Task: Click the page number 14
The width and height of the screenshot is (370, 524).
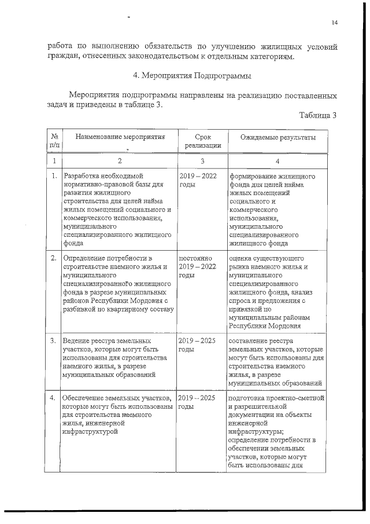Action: coord(335,23)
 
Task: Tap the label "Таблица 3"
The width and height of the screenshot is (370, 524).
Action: coord(318,115)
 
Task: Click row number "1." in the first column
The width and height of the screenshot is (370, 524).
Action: coord(54,175)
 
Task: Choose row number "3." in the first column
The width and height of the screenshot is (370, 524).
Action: coord(54,341)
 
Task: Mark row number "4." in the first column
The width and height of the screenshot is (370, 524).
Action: coord(54,398)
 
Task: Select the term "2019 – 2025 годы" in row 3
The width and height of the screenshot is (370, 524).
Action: coord(197,345)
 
